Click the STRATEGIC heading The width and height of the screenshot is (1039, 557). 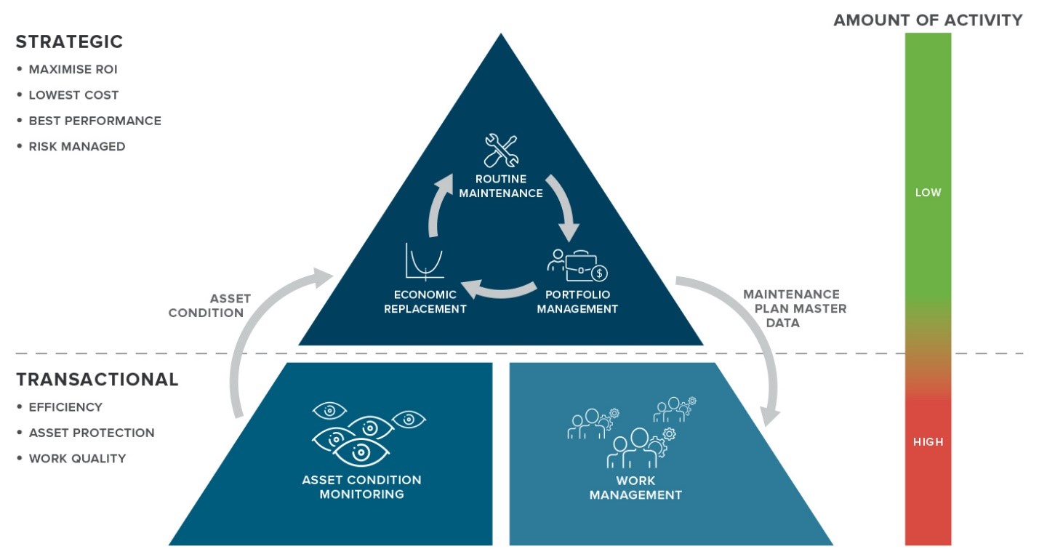click(69, 42)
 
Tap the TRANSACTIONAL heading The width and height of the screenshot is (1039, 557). click(97, 380)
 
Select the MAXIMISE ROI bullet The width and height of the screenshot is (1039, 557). click(73, 70)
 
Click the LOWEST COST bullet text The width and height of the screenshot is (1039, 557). click(73, 95)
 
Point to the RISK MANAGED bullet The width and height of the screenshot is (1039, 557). click(77, 146)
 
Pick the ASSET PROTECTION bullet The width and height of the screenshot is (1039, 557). click(92, 433)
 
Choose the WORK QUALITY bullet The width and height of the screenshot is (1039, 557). click(77, 458)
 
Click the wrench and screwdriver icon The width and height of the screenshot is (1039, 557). click(501, 151)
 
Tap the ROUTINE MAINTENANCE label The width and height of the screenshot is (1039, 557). click(501, 186)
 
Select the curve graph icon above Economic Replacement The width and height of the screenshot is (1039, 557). click(425, 261)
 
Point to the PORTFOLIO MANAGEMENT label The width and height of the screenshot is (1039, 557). click(582, 302)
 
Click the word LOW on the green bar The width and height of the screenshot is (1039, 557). click(928, 193)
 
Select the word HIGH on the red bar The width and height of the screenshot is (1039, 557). click(928, 441)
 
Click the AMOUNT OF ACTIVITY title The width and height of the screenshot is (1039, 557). click(928, 20)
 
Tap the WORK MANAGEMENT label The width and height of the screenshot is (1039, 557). click(635, 488)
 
